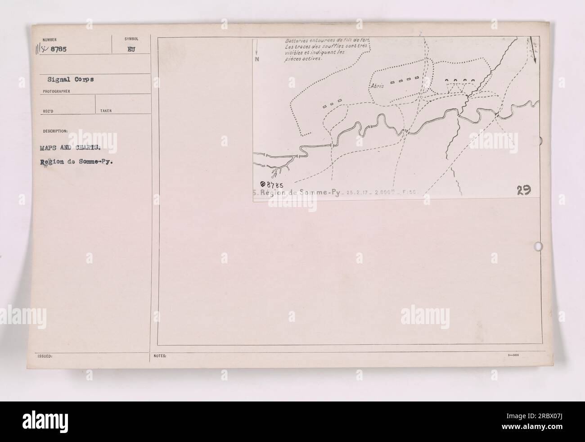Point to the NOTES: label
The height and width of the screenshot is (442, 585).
[160, 355]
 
